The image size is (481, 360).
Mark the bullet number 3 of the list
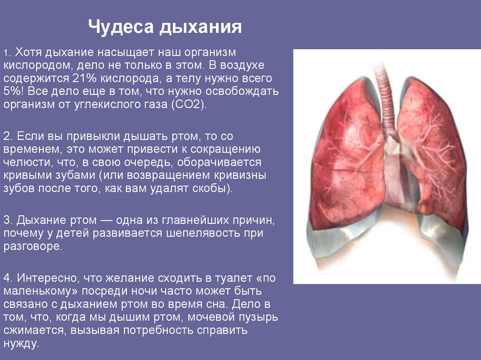pyautogui.click(x=6, y=220)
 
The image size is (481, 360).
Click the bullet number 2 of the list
pyautogui.click(x=6, y=136)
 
